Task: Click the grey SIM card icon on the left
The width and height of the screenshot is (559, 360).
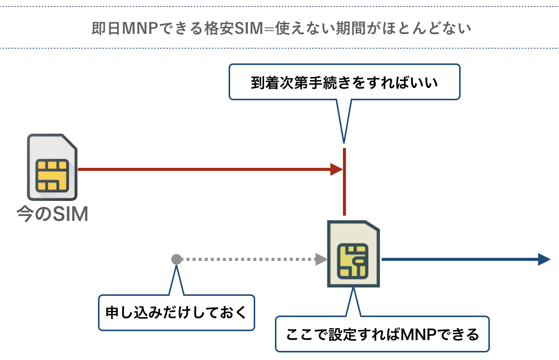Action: pos(52,167)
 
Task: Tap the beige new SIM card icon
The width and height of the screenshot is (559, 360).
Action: pos(354,254)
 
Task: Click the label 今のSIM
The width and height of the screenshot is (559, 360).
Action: pos(52,214)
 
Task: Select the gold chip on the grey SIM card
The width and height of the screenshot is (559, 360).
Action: pos(52,175)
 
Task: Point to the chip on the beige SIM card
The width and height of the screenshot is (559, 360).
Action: pos(353,261)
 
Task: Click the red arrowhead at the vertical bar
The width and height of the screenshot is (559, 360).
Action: pos(336,169)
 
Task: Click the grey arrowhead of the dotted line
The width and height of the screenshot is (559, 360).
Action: pos(321,259)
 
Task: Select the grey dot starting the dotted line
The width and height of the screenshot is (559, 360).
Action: pos(177,259)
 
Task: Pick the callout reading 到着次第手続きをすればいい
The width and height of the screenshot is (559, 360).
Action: pos(344,82)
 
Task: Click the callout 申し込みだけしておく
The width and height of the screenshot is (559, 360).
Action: pos(176,313)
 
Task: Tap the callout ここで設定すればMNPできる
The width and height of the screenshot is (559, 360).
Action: pos(382,334)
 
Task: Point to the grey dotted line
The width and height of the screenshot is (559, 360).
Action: pos(247,259)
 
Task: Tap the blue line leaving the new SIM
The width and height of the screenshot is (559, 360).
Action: pos(460,259)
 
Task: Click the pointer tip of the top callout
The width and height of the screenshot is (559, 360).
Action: pos(344,142)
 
